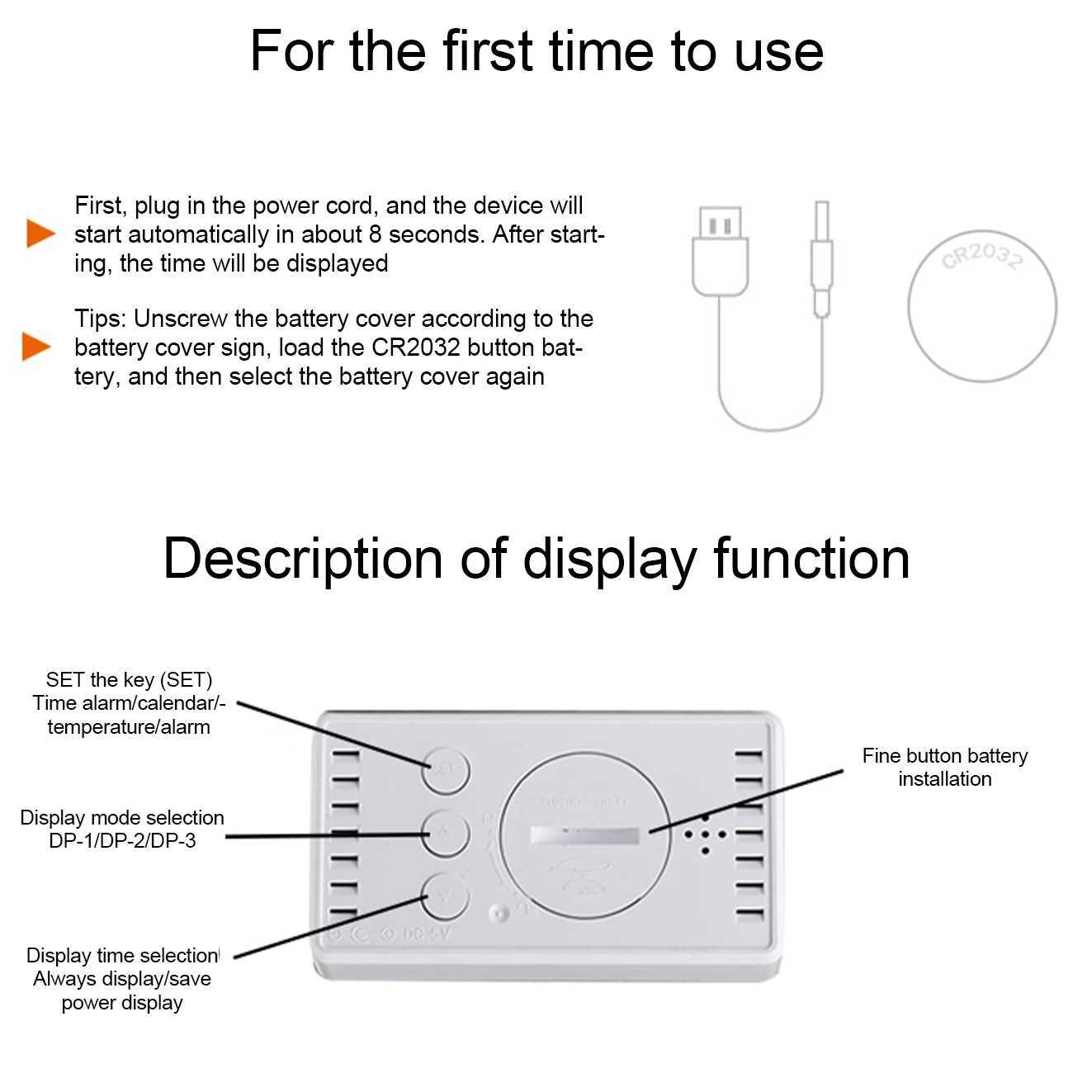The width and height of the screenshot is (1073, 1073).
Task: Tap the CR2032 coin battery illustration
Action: (981, 306)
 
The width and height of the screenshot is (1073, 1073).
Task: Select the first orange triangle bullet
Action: (39, 234)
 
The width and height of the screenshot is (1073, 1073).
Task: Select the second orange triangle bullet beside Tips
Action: (35, 347)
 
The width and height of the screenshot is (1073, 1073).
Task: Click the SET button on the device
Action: (446, 770)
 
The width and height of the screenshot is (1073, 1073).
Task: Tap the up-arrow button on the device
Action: (446, 833)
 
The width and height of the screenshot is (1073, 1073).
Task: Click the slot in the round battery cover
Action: (584, 835)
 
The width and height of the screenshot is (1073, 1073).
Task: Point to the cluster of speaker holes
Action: (705, 834)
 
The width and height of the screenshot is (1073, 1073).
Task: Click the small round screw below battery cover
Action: (498, 915)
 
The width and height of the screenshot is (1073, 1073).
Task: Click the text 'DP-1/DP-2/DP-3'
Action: (122, 841)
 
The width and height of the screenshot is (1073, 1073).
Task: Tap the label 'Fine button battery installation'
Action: (944, 767)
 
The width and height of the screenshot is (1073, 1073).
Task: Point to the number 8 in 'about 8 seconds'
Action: (375, 234)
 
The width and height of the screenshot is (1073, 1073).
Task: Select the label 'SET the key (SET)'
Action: (129, 680)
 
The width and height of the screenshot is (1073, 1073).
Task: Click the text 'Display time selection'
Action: (122, 956)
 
